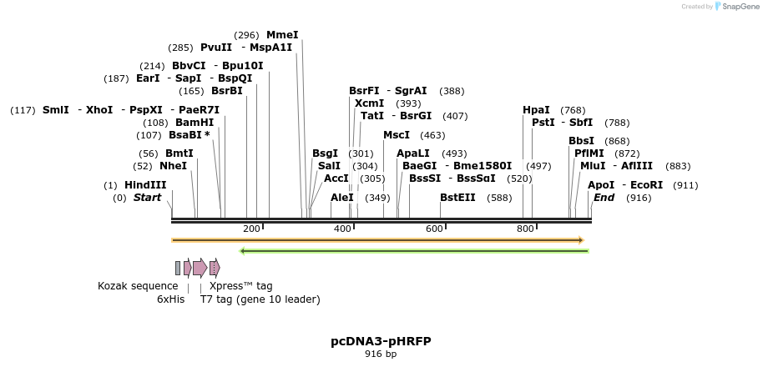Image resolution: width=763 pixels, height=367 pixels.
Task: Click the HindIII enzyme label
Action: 145,184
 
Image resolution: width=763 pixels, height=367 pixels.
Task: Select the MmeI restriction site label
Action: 282,35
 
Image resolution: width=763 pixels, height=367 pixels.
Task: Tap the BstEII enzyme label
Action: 457,198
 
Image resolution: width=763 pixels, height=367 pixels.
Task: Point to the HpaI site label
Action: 536,109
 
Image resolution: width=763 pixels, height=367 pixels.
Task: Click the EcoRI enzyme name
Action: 646,184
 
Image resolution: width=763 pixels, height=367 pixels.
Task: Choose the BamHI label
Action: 195,122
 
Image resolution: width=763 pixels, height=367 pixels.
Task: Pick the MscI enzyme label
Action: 397,134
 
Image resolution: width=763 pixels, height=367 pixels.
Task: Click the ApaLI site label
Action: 413,153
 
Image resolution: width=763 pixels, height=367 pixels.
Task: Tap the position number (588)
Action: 499,198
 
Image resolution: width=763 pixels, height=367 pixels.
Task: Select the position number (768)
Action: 573,109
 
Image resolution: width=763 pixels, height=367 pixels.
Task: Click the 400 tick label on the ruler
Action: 342,229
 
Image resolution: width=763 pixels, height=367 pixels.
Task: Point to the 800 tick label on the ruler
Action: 525,229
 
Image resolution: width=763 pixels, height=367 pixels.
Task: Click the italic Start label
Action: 147,198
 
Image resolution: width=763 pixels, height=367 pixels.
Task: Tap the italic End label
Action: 604,198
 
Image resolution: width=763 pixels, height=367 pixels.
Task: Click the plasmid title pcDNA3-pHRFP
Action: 381,341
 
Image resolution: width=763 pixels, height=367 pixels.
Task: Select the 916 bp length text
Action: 381,354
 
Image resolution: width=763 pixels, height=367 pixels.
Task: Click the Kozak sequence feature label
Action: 138,285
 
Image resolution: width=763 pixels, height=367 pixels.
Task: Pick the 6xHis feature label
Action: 171,299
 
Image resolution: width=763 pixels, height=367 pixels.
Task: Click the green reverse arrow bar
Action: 413,250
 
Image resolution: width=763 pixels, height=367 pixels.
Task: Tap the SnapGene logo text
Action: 740,7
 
